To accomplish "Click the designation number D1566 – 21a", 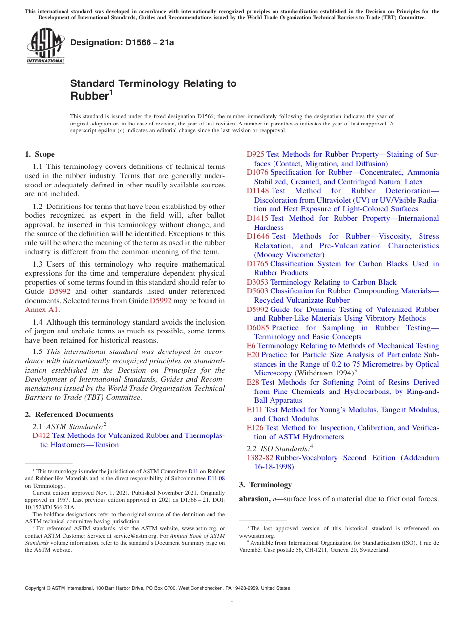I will point(122,43).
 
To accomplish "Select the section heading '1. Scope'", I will point(40,154).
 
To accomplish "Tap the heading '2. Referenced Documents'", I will point(62,414).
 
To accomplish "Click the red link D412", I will point(41,435).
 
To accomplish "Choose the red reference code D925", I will point(255,154).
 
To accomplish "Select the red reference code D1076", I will point(257,172).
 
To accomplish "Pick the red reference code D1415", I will point(257,218).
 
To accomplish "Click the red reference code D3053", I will point(257,282).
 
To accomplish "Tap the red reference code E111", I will point(254,410).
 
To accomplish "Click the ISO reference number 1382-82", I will point(260,458).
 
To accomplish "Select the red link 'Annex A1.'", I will point(42,310).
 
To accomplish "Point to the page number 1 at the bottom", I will point(232,600).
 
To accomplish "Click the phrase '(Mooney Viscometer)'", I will point(289,255).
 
